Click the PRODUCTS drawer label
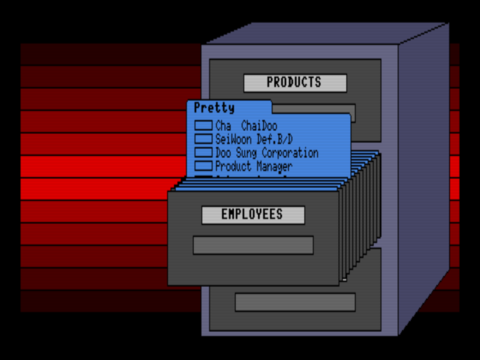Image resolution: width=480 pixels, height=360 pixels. (295, 83)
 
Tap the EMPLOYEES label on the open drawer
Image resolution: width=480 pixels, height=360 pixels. (253, 215)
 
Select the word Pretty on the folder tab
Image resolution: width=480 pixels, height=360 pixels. (214, 109)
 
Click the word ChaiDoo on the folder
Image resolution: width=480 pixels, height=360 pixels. (259, 127)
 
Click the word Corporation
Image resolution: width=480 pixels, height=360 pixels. (290, 153)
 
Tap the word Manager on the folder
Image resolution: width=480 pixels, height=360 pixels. (272, 166)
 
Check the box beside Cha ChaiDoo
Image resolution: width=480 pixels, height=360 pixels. (204, 126)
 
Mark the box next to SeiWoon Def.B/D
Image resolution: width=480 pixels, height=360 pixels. (204, 139)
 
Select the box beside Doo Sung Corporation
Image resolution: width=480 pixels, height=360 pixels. (204, 153)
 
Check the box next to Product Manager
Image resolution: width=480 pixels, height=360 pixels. (204, 166)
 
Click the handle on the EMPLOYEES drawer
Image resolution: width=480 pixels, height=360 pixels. (253, 245)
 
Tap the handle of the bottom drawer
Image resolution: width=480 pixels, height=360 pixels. (295, 302)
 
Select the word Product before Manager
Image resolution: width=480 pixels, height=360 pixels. (232, 166)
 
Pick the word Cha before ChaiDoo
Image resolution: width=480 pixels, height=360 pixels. (223, 127)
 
